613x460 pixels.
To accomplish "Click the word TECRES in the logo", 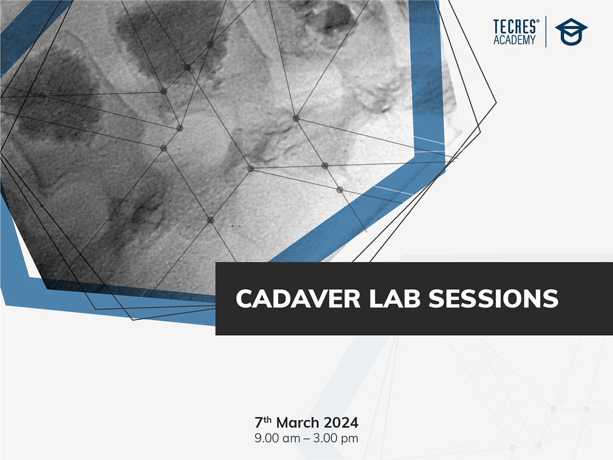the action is click(514, 27).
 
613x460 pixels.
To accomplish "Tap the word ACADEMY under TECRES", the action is click(514, 40).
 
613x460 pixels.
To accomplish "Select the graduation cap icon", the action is click(571, 32).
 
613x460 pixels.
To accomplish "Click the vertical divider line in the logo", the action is click(546, 32).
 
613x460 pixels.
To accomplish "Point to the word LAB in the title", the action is click(395, 298).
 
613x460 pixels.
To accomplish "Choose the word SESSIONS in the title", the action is click(493, 298).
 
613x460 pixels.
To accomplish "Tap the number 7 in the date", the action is click(259, 423).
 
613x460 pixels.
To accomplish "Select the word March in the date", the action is click(298, 423).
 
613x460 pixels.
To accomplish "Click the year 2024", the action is click(341, 423).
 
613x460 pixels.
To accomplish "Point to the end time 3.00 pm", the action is click(336, 439).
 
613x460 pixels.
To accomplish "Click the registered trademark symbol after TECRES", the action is click(537, 20).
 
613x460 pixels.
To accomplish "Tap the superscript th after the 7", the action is click(268, 420).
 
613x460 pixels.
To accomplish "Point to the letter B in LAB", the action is click(412, 298).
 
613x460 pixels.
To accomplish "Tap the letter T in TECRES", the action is click(496, 27).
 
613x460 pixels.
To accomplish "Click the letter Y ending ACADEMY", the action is click(533, 40).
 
